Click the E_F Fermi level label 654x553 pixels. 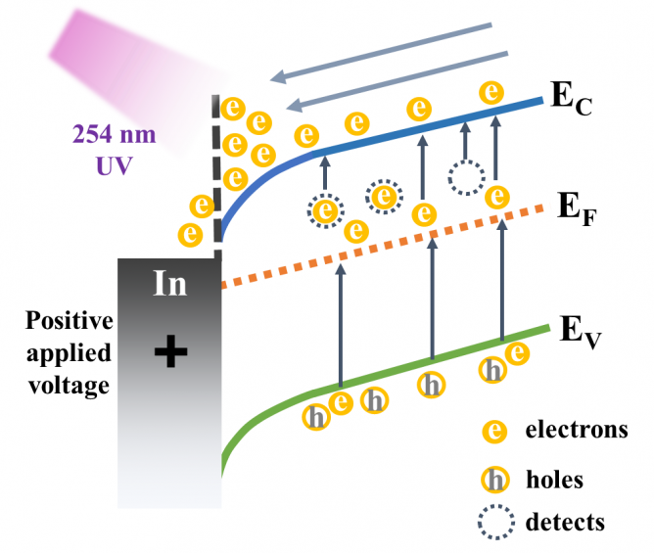point(578,208)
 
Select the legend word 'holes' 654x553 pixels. point(554,480)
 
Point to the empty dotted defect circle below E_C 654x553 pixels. point(465,178)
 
